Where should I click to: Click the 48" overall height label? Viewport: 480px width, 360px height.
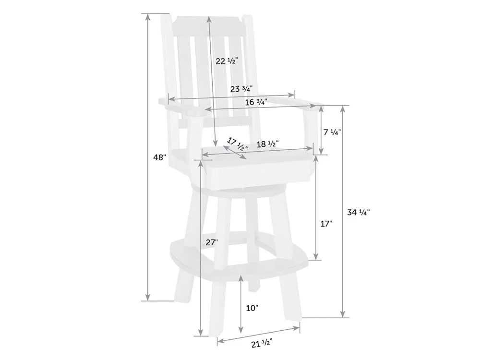pos(159,157)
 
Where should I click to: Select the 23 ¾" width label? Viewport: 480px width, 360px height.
pos(241,89)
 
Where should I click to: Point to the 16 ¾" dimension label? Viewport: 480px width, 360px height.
pos(256,102)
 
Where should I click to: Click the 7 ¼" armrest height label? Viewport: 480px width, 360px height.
pos(333,132)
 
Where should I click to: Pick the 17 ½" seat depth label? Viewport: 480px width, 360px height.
pos(238,144)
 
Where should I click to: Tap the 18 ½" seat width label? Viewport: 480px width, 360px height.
pos(267,144)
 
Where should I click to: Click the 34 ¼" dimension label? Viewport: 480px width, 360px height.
pos(359,212)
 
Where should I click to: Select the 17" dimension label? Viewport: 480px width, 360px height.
pos(326,224)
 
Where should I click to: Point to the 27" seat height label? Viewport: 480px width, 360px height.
pos(212,242)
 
